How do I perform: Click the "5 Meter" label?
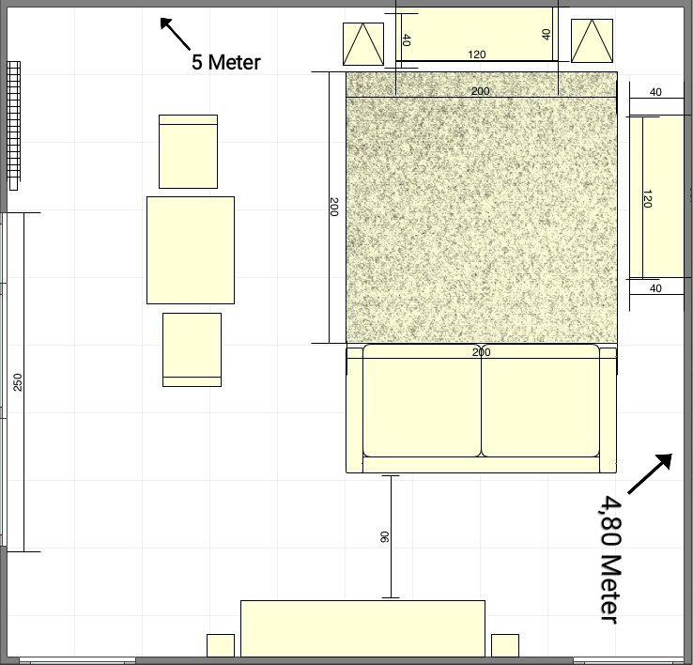tap(226, 62)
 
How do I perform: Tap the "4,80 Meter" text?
tap(610, 559)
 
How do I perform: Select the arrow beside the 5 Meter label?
tap(175, 34)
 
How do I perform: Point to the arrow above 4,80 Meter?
tap(650, 473)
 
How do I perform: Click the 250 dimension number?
tap(18, 382)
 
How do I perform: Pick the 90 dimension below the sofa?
tap(384, 537)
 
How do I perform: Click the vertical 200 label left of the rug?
tap(334, 207)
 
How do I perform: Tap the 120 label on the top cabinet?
tap(476, 54)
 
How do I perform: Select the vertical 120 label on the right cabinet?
tap(647, 198)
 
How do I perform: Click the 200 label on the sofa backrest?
tap(482, 352)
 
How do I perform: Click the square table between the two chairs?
tap(191, 250)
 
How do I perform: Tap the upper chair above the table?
tap(189, 151)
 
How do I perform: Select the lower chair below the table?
tap(192, 349)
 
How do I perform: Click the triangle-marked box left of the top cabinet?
tap(363, 44)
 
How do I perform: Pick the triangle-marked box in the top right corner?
tap(592, 40)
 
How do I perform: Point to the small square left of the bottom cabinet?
tap(221, 645)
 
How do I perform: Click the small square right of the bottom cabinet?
tap(505, 645)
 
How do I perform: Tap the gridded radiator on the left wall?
tap(14, 126)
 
